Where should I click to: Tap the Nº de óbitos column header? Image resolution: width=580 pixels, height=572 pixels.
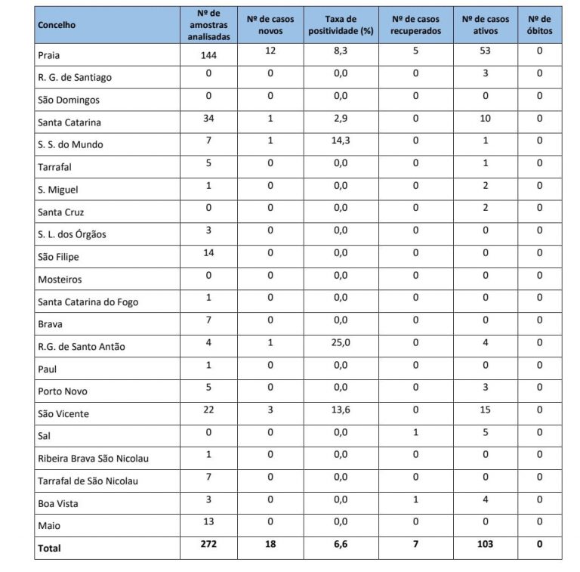(x=539, y=25)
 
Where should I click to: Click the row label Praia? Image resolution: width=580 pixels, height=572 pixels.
(x=49, y=55)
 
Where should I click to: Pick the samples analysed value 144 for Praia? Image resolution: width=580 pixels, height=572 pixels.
(x=208, y=54)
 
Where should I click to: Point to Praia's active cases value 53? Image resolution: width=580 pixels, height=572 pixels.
(x=486, y=51)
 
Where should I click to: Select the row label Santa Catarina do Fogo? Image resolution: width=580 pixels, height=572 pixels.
(x=88, y=302)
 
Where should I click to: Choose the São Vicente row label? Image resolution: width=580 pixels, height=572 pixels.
(x=63, y=414)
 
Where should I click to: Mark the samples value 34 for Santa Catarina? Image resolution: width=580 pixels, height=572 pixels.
(x=208, y=119)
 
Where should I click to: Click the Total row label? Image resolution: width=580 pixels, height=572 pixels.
(x=49, y=548)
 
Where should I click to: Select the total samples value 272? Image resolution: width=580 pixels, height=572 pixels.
(x=208, y=544)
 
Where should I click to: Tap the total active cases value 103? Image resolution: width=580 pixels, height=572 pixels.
(x=486, y=544)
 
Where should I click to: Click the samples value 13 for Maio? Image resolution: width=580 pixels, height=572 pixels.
(x=208, y=522)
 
